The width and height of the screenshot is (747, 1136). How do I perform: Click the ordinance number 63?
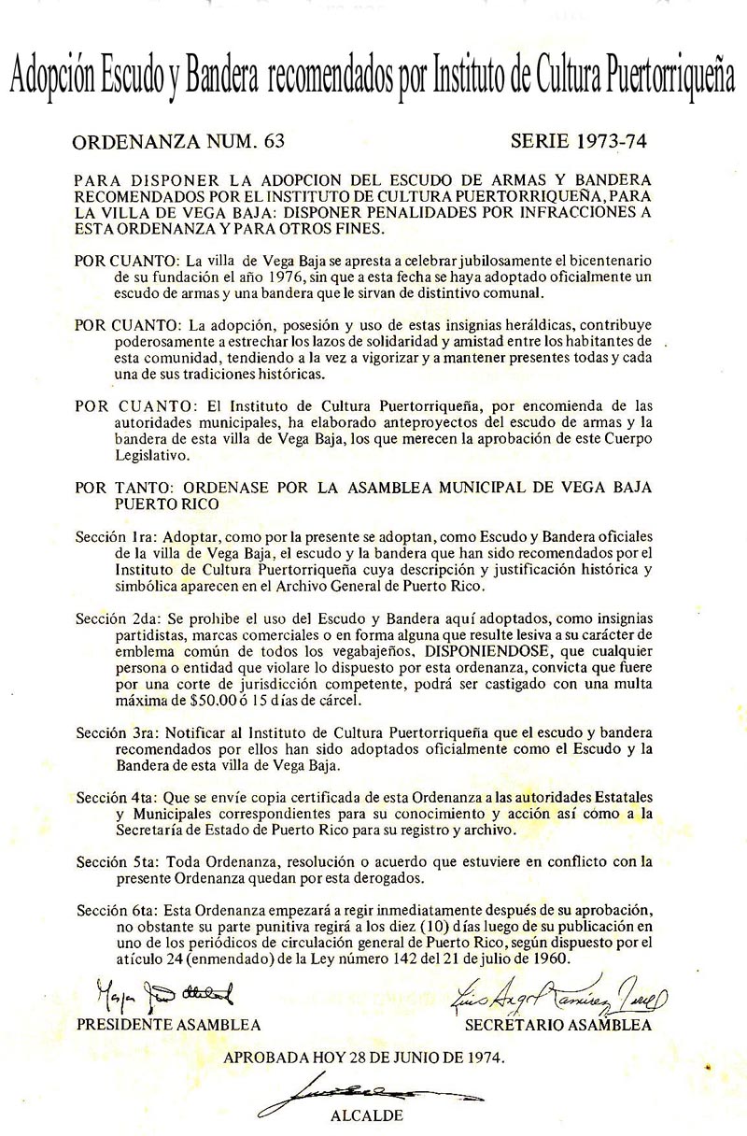point(274,142)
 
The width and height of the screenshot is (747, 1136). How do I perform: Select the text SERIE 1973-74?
point(579,142)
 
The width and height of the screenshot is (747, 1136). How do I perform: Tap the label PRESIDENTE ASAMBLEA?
point(168,1025)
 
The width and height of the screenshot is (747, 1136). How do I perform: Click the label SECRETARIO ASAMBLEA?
point(557,1025)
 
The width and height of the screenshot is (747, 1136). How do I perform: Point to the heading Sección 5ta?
point(118,860)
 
